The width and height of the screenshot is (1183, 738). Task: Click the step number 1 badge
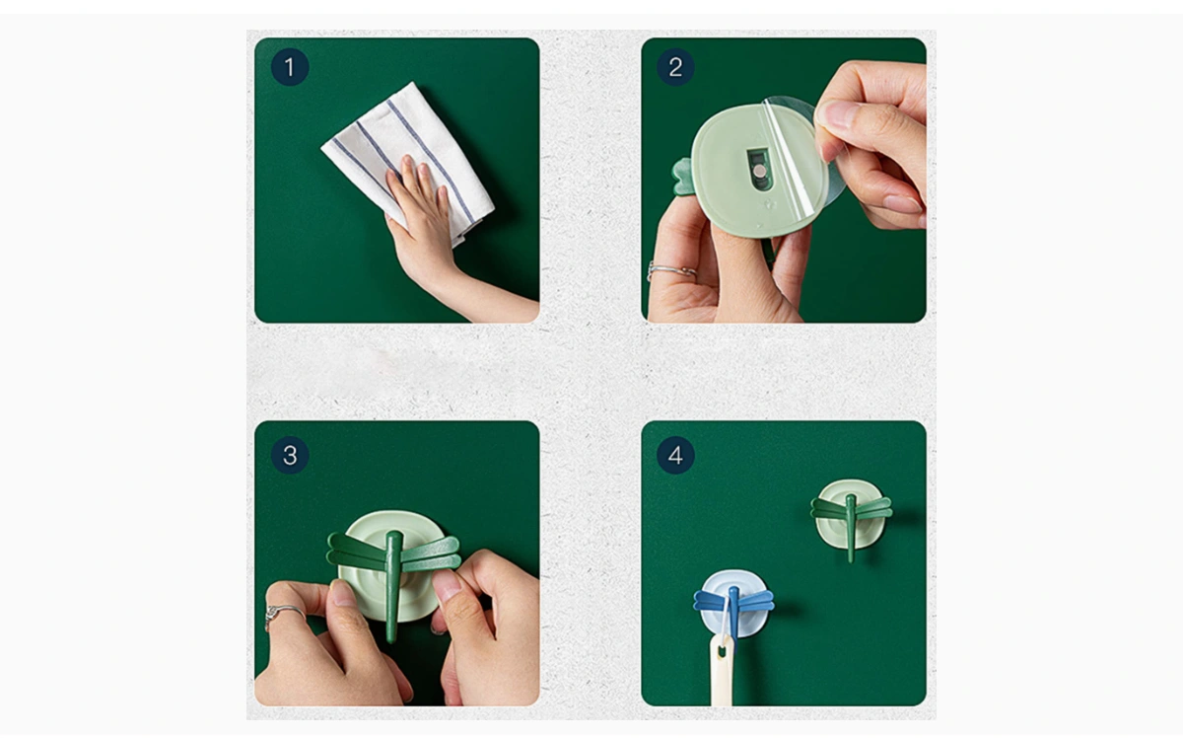point(290,67)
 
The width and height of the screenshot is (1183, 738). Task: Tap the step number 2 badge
point(675,67)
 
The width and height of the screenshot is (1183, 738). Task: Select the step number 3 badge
point(290,455)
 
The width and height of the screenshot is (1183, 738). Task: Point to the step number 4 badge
point(675,455)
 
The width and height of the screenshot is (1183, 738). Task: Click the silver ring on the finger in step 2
point(670,270)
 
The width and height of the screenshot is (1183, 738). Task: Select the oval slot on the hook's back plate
point(758,169)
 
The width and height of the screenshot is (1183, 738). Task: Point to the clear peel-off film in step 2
point(802,153)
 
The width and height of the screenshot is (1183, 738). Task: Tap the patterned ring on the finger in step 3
point(283,616)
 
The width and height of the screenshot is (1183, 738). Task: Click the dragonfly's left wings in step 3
point(357,551)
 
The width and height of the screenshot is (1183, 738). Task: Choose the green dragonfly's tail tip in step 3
point(390,638)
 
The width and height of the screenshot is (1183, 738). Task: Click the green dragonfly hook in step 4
point(851,518)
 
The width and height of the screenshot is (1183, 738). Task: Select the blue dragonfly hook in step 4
point(733,603)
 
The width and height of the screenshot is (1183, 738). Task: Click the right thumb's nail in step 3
point(447,584)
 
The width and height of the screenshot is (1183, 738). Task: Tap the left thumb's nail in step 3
point(343,593)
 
